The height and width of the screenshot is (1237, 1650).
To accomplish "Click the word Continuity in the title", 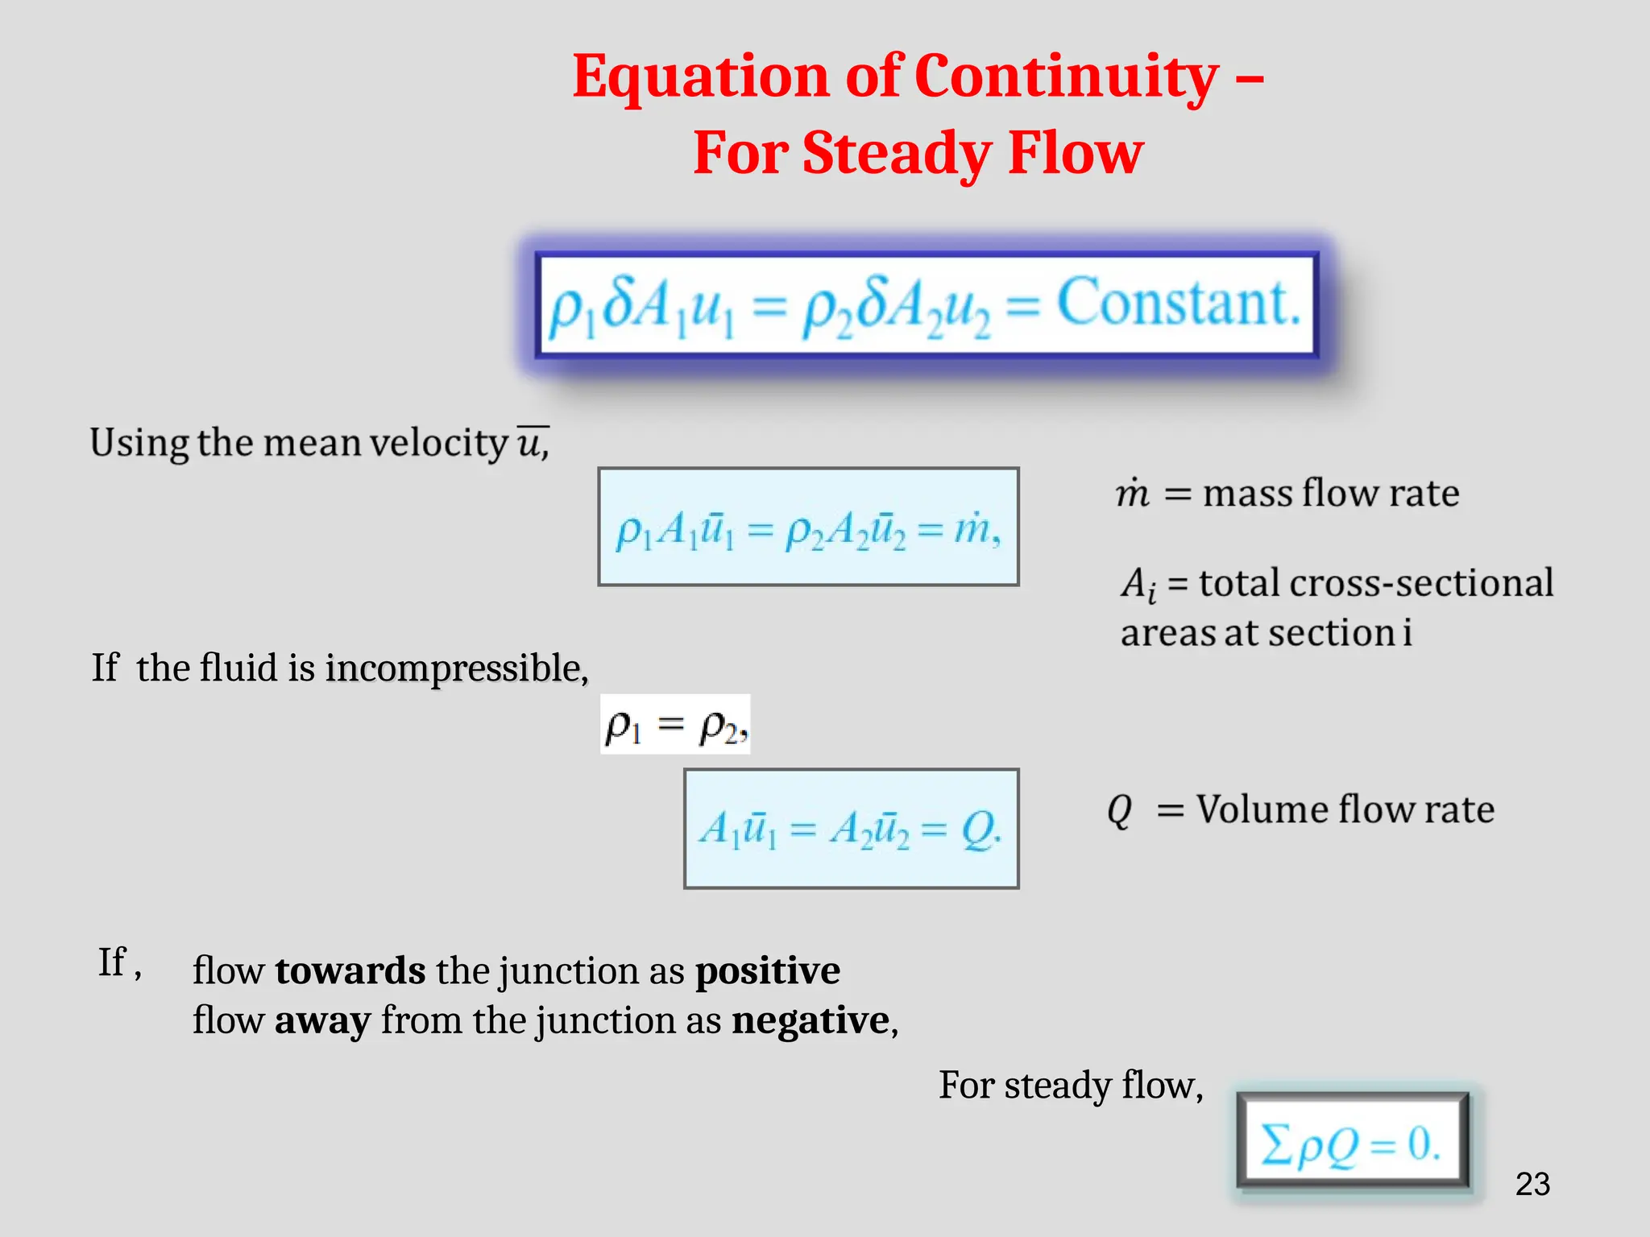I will coord(1067,77).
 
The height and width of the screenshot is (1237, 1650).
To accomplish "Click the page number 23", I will coord(1532,1184).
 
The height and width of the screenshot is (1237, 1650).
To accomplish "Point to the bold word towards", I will coord(350,970).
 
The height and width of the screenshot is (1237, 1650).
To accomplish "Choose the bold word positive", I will coord(767,970).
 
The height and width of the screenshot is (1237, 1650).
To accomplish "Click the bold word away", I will coord(322,1020).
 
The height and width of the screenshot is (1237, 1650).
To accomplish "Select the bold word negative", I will coord(810,1020).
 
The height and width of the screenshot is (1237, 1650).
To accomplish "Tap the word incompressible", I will coord(455,668).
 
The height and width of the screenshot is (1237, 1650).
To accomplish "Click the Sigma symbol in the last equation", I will coord(1277,1144).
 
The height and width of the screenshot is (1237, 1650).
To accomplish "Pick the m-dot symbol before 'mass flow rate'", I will coord(1132,493).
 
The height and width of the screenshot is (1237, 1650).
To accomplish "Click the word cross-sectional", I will coord(1421,583).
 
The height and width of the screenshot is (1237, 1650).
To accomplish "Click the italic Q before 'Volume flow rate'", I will coord(1119,810).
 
